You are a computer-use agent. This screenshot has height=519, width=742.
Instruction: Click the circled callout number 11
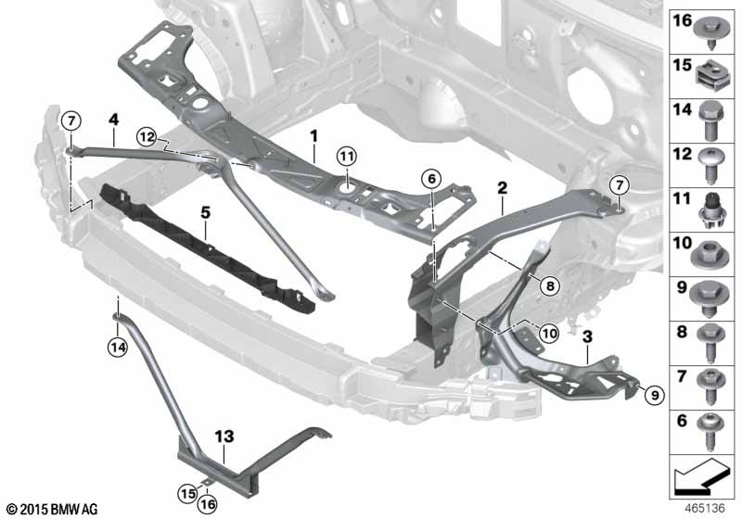click(x=347, y=157)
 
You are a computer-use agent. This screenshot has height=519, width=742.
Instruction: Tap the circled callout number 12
click(x=147, y=137)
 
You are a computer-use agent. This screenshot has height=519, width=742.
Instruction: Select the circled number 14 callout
click(x=118, y=348)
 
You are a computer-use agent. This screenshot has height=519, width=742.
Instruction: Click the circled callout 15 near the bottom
click(x=188, y=493)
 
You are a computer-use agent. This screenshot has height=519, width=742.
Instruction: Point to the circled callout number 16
click(x=208, y=504)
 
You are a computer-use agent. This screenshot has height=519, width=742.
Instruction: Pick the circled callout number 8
click(x=550, y=285)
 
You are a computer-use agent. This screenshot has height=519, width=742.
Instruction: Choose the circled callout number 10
click(x=549, y=334)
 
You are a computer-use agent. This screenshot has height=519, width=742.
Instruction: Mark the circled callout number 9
click(x=655, y=395)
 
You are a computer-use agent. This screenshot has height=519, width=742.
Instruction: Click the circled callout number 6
click(x=431, y=179)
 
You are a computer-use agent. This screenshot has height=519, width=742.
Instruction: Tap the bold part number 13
click(x=224, y=437)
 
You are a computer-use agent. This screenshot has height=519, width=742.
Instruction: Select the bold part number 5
click(x=205, y=213)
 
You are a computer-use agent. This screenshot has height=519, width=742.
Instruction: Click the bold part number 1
click(x=314, y=136)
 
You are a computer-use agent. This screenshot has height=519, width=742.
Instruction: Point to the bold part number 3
click(x=587, y=337)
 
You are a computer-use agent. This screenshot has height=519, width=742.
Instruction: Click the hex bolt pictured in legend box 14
click(x=710, y=120)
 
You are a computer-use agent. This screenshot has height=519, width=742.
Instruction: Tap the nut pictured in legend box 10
click(x=709, y=253)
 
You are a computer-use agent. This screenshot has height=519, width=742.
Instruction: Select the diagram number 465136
click(x=705, y=509)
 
